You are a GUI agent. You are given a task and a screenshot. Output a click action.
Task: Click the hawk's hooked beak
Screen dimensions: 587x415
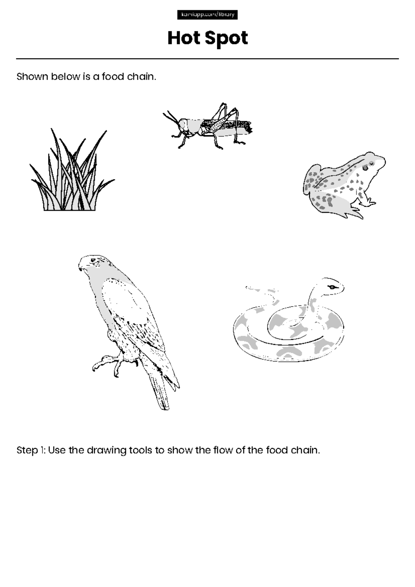81,267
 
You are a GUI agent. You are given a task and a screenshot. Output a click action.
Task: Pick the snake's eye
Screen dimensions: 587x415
332,287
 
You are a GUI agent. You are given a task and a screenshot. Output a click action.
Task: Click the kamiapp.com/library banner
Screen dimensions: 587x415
207,15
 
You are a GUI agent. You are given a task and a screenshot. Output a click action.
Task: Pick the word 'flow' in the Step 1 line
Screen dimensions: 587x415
222,450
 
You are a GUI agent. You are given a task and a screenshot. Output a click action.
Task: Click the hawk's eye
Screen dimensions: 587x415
93,260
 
